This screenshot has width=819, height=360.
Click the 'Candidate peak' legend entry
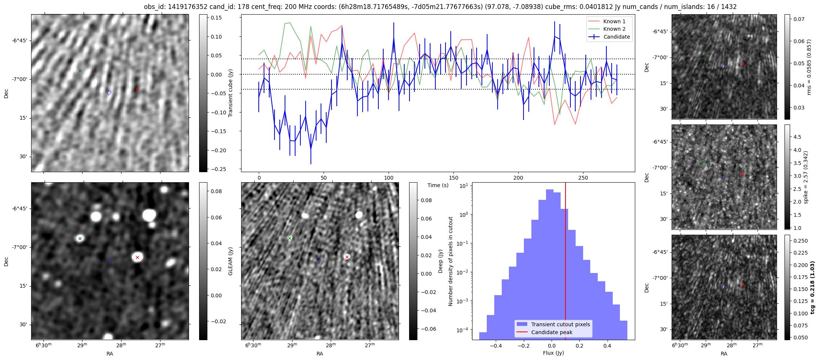tap(552, 332)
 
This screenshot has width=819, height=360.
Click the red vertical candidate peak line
tap(565, 262)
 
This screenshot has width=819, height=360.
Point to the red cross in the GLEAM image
tap(137, 257)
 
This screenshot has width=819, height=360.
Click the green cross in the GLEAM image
tap(80, 238)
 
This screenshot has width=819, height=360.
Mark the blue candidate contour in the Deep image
tap(319, 261)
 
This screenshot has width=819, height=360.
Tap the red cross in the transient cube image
tap(137, 89)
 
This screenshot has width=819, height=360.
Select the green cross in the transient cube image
tap(80, 70)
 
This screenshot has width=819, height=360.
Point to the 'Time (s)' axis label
tap(438, 185)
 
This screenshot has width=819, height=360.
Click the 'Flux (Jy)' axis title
tap(553, 353)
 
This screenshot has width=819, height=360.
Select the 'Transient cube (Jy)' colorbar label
tap(231, 93)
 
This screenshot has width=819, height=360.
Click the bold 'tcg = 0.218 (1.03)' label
tap(812, 287)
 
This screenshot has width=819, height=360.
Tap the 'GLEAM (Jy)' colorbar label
tap(231, 261)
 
